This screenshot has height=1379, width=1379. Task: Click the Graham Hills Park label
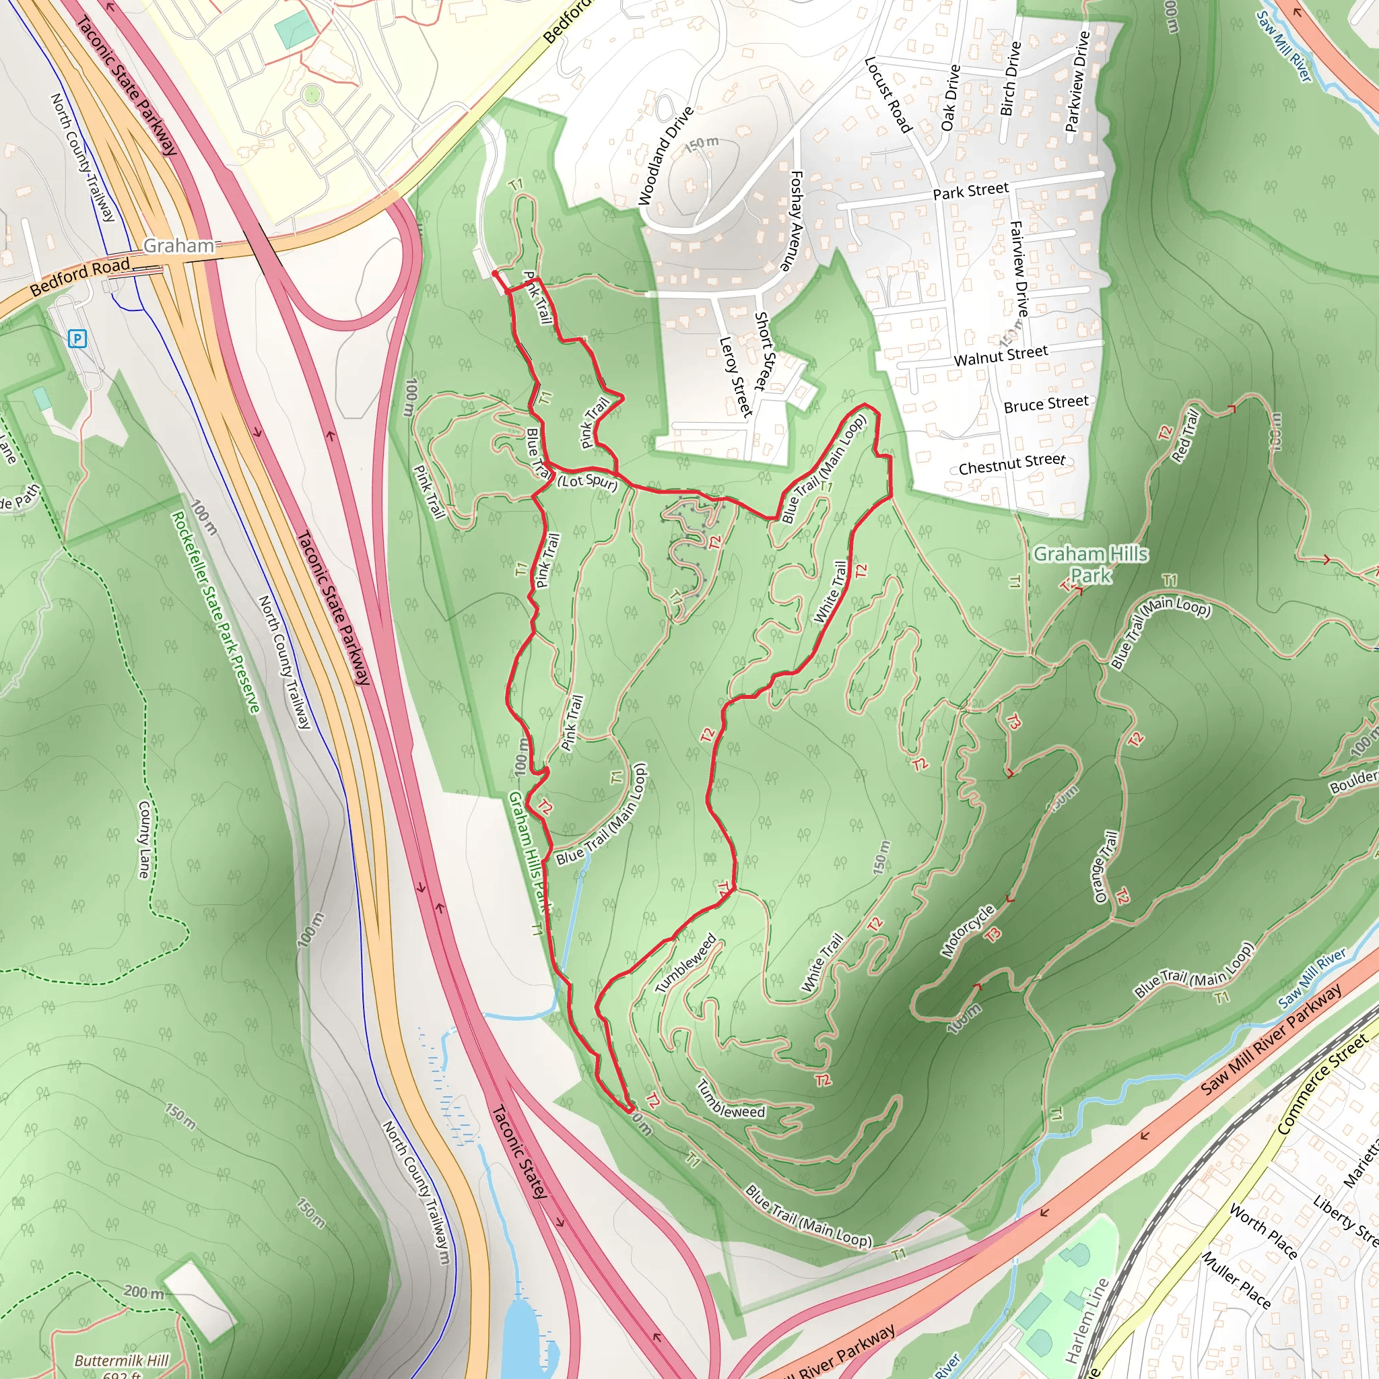(1091, 564)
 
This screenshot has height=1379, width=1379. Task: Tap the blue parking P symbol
(77, 338)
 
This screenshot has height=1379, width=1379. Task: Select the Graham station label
(178, 246)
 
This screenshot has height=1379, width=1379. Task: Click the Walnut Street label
(1001, 356)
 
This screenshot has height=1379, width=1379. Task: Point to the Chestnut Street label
(1011, 465)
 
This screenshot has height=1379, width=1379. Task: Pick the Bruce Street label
(1046, 405)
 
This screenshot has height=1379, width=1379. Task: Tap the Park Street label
(971, 191)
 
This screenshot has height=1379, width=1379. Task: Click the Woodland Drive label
(665, 156)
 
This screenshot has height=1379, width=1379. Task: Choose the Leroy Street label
(736, 377)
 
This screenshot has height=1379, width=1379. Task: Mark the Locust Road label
(889, 95)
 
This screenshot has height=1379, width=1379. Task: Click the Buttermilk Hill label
(121, 1360)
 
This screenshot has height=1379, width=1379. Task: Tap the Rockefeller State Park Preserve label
(215, 611)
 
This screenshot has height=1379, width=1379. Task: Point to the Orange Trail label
(1106, 867)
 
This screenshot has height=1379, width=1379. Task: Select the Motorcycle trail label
(968, 931)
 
